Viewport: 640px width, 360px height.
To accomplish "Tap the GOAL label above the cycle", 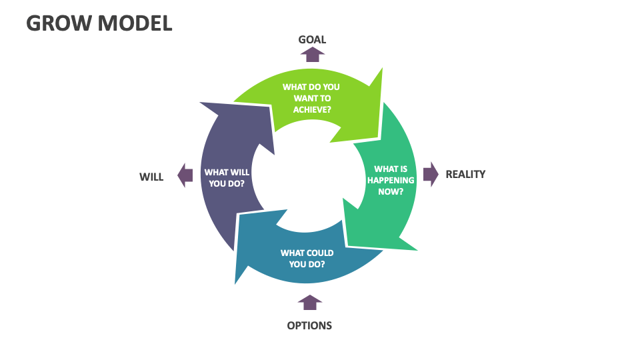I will [312, 39].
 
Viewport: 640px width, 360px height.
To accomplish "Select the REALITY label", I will [465, 174].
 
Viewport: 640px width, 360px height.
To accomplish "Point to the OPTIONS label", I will [309, 325].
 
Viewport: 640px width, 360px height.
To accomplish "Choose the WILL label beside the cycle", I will [151, 177].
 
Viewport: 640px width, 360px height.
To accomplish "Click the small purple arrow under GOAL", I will [312, 55].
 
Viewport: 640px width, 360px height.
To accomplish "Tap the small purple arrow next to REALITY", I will [431, 174].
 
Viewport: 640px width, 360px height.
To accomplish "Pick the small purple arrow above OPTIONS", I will [309, 303].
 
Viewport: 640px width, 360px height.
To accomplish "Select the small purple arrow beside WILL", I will [185, 176].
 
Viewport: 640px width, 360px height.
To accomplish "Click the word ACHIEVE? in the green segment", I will [312, 109].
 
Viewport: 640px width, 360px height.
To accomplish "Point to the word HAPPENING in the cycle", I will [391, 180].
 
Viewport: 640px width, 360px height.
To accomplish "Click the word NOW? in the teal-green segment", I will [391, 191].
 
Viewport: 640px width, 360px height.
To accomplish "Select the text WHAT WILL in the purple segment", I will [227, 172].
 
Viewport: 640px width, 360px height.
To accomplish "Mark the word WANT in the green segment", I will [300, 98].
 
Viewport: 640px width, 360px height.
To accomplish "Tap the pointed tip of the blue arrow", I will [236, 283].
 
